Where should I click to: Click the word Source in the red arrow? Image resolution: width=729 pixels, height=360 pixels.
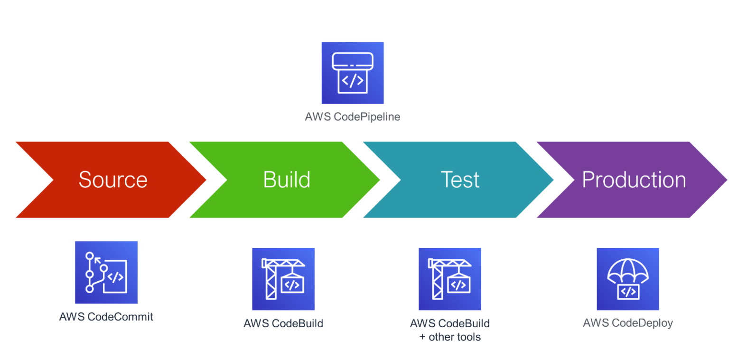(113, 180)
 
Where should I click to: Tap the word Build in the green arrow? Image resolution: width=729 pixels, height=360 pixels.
(287, 180)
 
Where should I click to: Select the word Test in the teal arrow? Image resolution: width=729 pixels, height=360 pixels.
(460, 180)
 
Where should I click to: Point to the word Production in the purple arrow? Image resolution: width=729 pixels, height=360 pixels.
(634, 180)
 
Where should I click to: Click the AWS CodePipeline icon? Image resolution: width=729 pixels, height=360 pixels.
(353, 73)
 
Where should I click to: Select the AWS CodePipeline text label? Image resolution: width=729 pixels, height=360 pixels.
(353, 117)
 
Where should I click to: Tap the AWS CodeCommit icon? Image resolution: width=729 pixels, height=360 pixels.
(106, 273)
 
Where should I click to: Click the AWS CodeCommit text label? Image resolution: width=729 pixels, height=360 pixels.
(106, 317)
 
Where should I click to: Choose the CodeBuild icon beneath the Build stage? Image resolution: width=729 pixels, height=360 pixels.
(283, 279)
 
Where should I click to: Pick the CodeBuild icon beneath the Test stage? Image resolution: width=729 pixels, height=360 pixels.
(449, 279)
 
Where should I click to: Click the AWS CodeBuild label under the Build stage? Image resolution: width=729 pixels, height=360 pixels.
(283, 323)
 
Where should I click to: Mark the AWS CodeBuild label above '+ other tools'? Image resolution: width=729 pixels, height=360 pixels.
(450, 323)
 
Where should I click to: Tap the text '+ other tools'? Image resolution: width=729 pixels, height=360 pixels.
(450, 337)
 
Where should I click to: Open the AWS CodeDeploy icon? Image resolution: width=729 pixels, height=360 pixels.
(628, 279)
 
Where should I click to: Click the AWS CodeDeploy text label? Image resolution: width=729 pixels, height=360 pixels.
(628, 323)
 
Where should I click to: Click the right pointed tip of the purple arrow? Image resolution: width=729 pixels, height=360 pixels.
(726, 180)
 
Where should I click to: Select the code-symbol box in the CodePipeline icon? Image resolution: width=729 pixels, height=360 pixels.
(353, 81)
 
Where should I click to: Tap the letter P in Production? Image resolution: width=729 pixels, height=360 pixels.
(589, 180)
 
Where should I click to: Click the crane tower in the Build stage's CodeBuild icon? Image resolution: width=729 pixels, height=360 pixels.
(271, 283)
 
